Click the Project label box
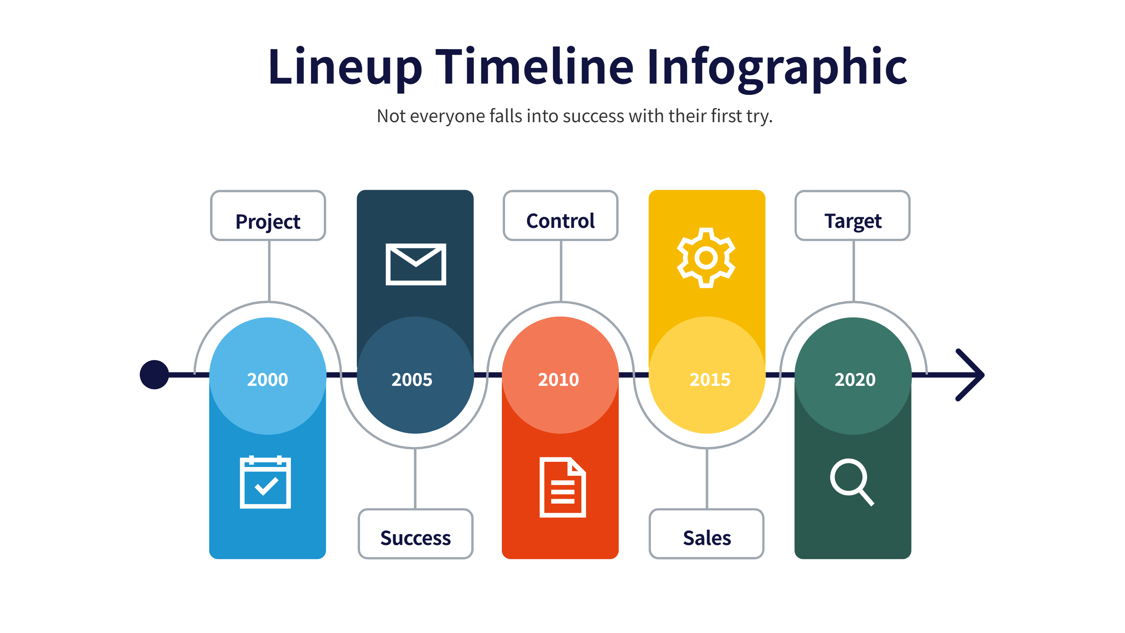click(268, 215)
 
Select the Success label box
click(415, 533)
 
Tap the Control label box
click(560, 215)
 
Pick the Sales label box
click(707, 533)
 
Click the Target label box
click(853, 215)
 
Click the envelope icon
click(416, 264)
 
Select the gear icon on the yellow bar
click(706, 258)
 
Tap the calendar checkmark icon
click(266, 482)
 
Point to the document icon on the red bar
click(562, 487)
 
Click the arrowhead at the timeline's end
click(970, 375)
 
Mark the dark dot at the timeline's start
click(154, 375)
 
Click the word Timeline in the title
click(534, 66)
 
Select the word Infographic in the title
click(777, 69)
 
